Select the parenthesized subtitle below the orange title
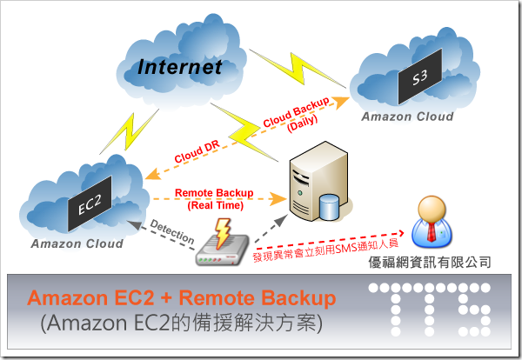181,323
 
